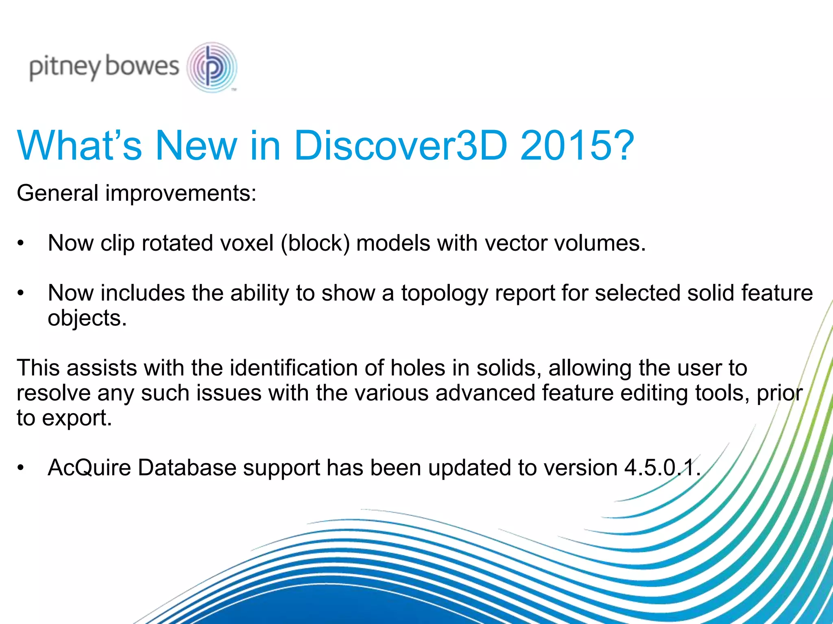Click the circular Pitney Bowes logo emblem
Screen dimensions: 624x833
212,67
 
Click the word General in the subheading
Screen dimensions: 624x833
57,193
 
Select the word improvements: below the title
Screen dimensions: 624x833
181,193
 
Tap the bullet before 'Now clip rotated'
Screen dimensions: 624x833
21,243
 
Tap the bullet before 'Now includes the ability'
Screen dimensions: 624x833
21,293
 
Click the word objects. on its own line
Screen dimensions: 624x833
87,318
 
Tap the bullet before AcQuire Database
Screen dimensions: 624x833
21,468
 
